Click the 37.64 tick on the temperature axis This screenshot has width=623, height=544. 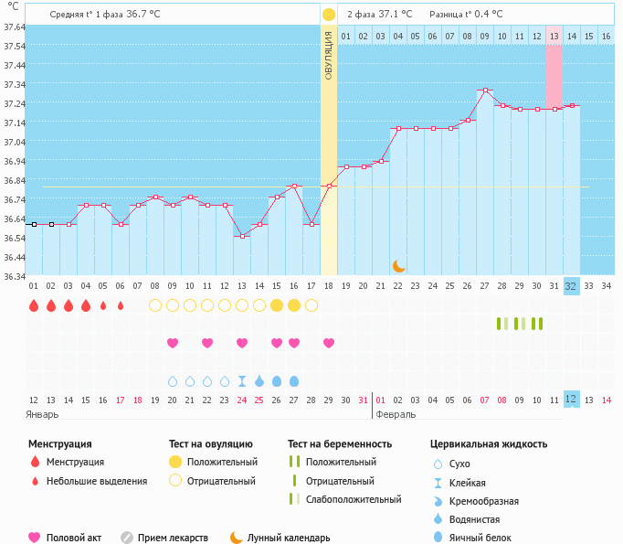(x=14, y=27)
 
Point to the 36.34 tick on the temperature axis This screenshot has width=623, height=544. (x=14, y=276)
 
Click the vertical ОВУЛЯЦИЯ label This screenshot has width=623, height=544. (x=329, y=57)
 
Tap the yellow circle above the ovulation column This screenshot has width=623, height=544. (x=329, y=15)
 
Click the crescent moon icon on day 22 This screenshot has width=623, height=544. (x=399, y=265)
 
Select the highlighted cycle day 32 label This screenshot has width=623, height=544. (x=571, y=286)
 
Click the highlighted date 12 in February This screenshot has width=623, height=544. (x=571, y=400)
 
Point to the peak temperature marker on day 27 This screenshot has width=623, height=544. (x=485, y=91)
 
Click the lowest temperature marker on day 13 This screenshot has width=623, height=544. (x=242, y=236)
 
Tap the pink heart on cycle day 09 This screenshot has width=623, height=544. (x=173, y=343)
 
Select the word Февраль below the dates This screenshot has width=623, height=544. (x=396, y=414)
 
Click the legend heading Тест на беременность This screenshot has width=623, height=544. (x=339, y=444)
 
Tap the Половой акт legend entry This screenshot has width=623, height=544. (x=72, y=538)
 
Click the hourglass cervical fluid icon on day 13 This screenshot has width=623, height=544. (x=242, y=380)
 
